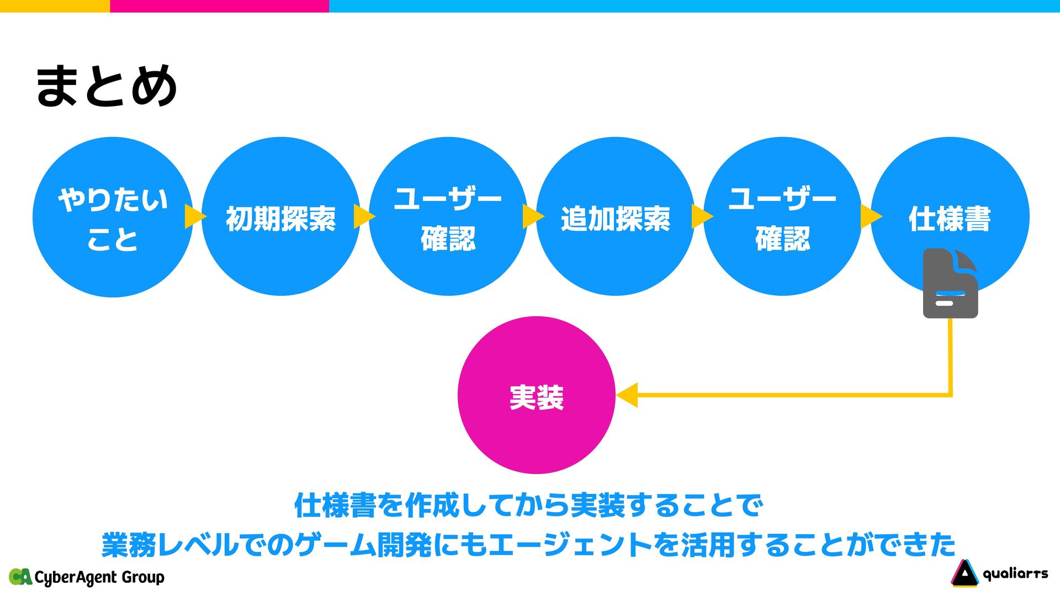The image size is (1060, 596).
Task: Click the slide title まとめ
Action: [x=106, y=86]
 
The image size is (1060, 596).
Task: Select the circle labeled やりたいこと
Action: [x=113, y=217]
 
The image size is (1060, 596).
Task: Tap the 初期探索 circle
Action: [x=280, y=217]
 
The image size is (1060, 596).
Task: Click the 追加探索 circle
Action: [x=615, y=217]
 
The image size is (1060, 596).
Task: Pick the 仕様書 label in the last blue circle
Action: [x=950, y=219]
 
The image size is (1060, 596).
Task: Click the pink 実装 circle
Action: [x=536, y=395]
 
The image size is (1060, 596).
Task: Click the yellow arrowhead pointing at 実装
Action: [x=628, y=395]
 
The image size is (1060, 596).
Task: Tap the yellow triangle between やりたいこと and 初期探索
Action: [x=194, y=216]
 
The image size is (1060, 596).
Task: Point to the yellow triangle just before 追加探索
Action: [x=532, y=216]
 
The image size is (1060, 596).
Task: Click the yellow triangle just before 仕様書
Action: [x=870, y=216]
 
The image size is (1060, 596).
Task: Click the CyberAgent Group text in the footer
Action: [x=99, y=577]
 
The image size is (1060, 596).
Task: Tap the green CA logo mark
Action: [x=20, y=577]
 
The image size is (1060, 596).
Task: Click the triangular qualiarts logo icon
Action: [x=964, y=573]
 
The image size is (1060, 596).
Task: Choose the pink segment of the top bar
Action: [x=219, y=6]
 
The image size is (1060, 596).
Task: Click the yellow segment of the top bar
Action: [x=55, y=6]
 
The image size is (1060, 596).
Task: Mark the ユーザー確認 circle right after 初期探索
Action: [x=448, y=217]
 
